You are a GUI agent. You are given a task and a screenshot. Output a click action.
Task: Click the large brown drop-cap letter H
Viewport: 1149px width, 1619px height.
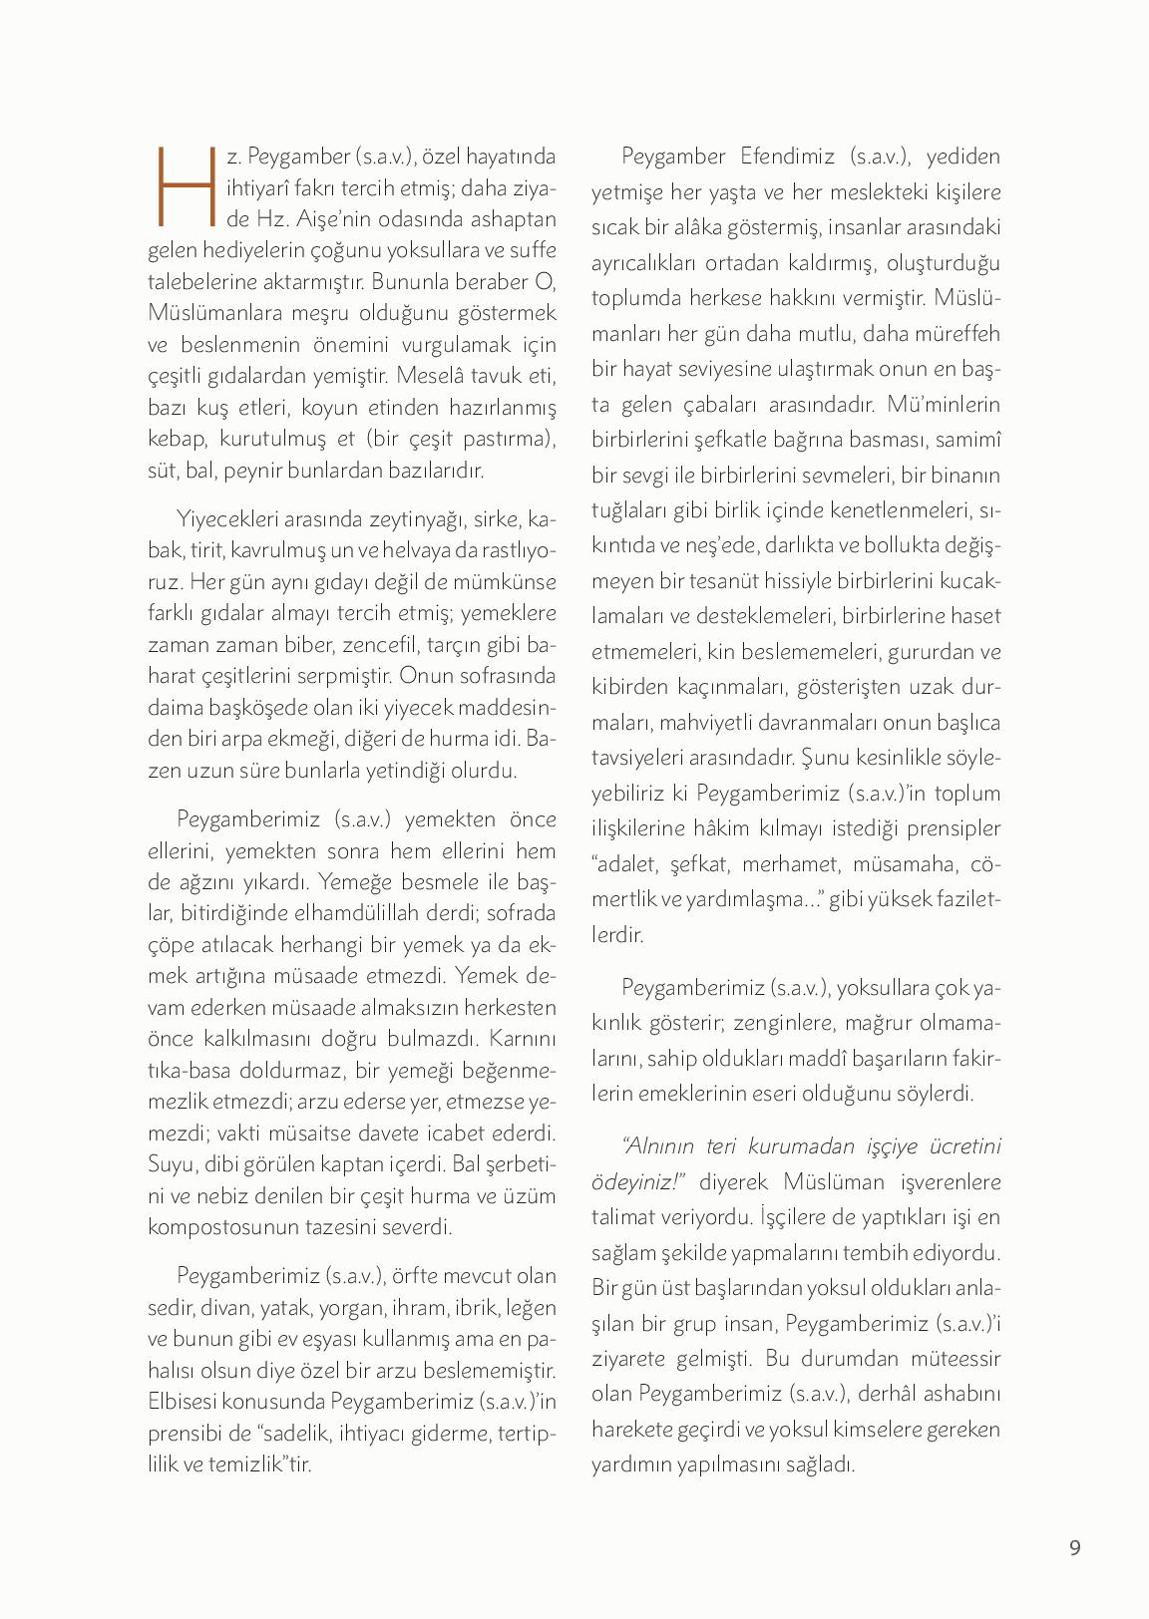coord(186,186)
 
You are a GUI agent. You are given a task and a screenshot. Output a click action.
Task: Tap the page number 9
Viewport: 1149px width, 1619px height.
coord(1074,1547)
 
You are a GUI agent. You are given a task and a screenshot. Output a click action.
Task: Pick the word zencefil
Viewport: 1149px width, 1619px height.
coord(386,644)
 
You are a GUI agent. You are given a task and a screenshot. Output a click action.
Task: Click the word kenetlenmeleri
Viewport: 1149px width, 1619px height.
coord(897,510)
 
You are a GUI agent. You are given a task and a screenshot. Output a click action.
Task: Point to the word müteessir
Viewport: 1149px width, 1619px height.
coord(953,1359)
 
